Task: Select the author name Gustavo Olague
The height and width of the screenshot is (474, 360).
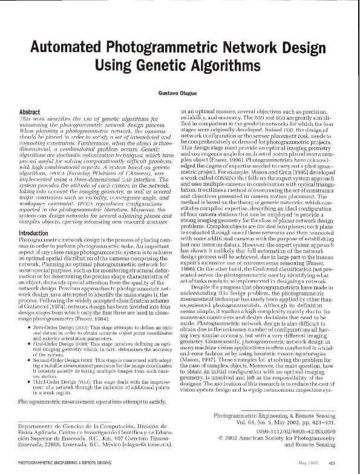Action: [179, 95]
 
